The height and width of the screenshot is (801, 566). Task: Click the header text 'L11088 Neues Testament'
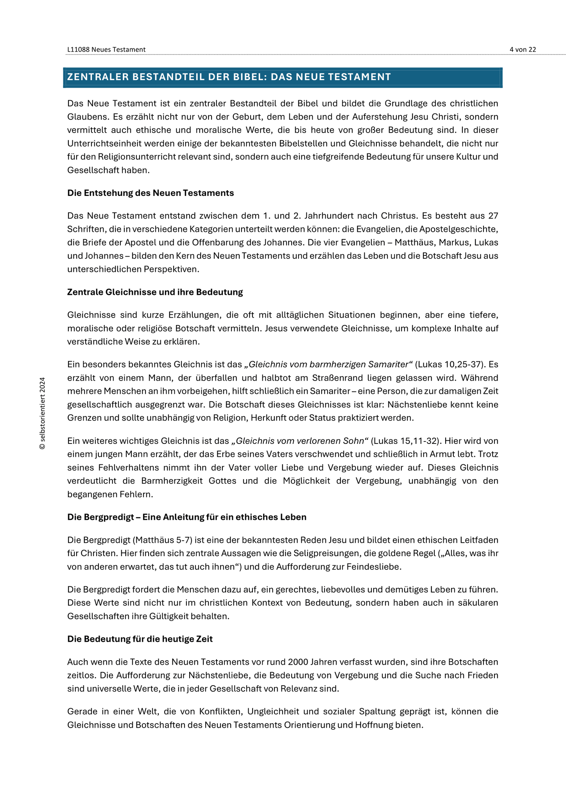point(106,49)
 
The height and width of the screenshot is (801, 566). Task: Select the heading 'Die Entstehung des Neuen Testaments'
point(150,193)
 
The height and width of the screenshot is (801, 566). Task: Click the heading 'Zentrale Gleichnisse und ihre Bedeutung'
point(155,292)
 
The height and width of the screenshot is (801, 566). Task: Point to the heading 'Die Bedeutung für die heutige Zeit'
point(140,639)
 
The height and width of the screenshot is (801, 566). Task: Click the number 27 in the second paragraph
point(493,216)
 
